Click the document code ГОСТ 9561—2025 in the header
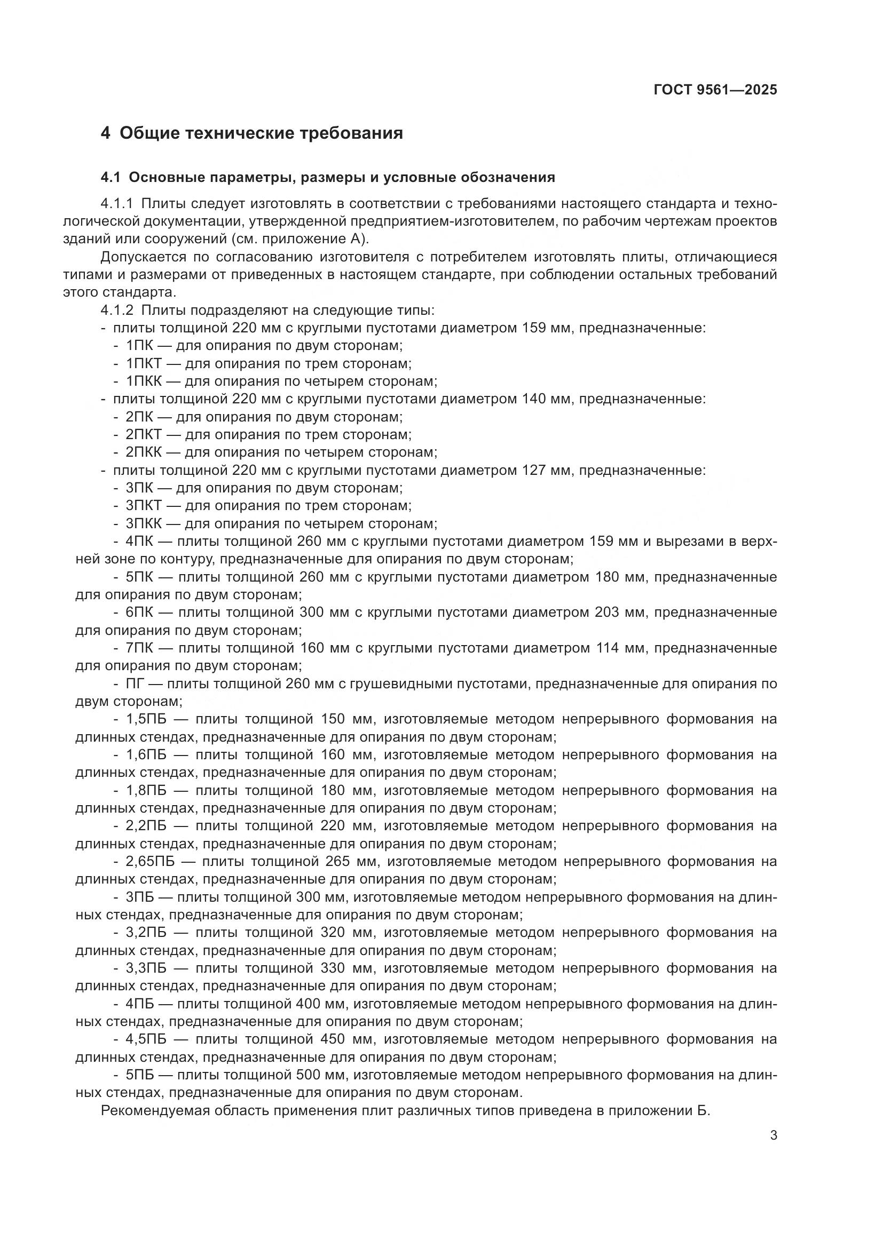pos(715,90)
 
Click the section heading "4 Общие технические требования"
pos(252,133)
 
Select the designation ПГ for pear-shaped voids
pos(135,684)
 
